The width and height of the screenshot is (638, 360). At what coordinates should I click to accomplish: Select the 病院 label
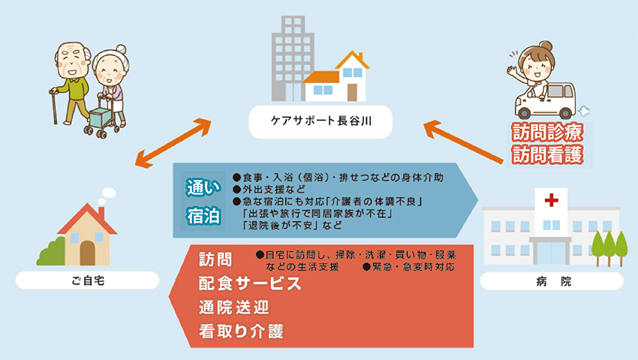pos(552,282)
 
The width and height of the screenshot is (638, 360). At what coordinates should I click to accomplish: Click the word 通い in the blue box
pos(203,188)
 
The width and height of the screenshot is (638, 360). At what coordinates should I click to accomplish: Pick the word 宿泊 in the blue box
pos(203,216)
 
